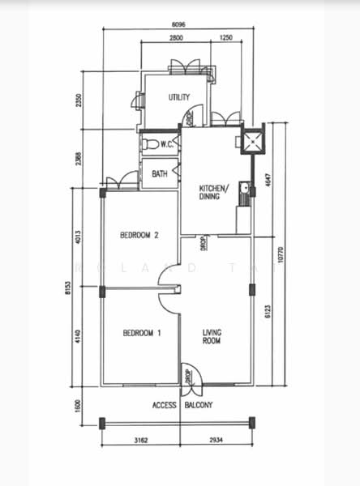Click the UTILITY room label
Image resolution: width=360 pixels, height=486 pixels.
click(179, 98)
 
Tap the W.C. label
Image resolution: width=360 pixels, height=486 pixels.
click(169, 145)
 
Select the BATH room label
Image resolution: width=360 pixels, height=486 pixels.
click(160, 173)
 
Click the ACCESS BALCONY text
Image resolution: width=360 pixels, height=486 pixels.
click(182, 405)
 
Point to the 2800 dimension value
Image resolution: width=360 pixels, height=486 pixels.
click(176, 38)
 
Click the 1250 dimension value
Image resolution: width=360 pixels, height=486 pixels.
click(225, 38)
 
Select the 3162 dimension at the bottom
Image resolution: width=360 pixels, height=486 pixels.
click(139, 441)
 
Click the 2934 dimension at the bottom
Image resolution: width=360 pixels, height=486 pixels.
click(216, 441)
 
